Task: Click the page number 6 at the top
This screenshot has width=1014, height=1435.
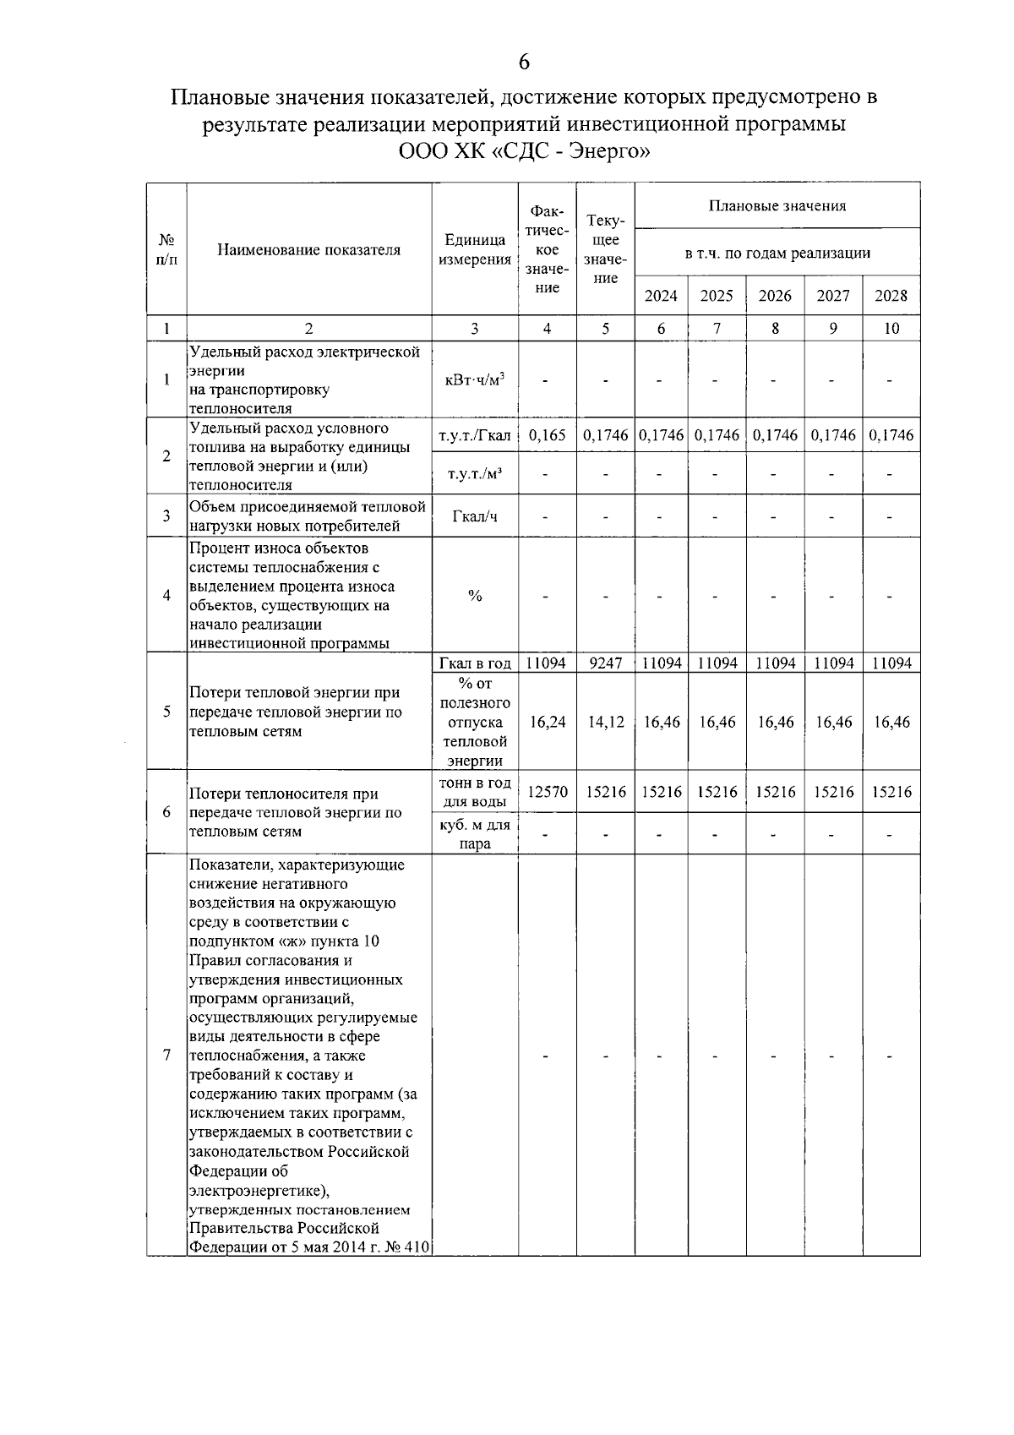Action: tap(524, 62)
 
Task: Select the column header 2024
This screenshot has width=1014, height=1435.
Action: tap(661, 296)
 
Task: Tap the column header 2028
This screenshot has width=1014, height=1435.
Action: tap(891, 296)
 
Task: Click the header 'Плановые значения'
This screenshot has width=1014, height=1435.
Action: tap(777, 205)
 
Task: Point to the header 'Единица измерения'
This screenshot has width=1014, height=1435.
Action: tap(475, 250)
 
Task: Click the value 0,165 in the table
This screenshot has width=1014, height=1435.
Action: tap(547, 435)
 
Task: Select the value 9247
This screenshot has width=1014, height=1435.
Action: tap(605, 663)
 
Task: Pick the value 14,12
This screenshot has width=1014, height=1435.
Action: tap(605, 723)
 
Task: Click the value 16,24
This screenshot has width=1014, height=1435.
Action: tap(547, 723)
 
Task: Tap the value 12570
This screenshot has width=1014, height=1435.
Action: tap(547, 793)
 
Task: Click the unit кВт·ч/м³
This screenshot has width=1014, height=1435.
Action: tap(475, 380)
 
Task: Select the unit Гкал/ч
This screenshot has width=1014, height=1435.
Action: tap(475, 516)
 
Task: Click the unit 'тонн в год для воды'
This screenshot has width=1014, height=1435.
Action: tap(475, 793)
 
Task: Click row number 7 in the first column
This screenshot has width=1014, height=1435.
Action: tap(166, 1056)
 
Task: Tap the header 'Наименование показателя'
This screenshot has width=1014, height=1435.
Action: tap(308, 250)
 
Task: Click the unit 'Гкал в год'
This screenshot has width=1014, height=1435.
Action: tap(475, 663)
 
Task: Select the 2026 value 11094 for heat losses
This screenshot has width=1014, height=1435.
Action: tap(775, 663)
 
